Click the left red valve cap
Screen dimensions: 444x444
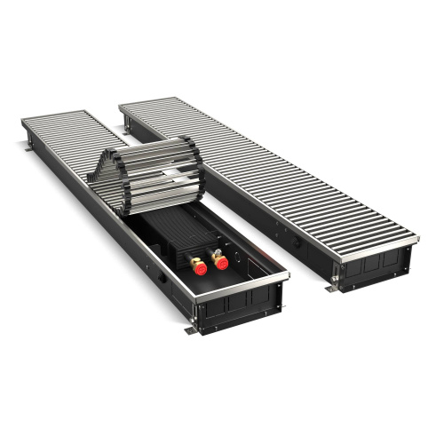click(x=196, y=264)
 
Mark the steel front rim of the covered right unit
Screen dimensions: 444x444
click(x=373, y=241)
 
